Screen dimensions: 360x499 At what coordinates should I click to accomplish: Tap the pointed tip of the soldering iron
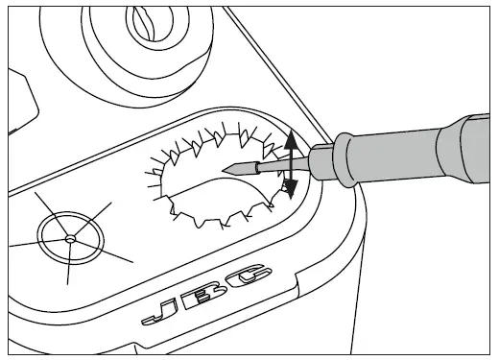(223, 170)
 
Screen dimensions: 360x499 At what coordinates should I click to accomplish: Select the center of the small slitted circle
(69, 237)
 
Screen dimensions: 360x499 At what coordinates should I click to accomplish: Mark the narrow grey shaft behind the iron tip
(273, 164)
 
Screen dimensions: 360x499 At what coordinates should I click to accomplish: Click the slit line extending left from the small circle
(24, 242)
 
